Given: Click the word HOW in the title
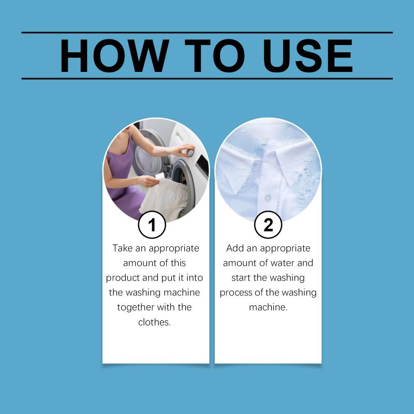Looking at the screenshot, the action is [x=114, y=55].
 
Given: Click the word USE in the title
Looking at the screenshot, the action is [x=307, y=55].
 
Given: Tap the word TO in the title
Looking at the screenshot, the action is [x=214, y=55].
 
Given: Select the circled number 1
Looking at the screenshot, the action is [x=152, y=225].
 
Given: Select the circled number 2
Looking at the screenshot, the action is [x=268, y=225].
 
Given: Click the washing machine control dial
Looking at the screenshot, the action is [x=190, y=152].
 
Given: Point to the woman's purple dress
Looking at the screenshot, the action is [x=122, y=180].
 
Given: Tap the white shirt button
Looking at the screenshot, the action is [x=268, y=198].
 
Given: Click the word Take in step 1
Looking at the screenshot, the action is [x=123, y=248].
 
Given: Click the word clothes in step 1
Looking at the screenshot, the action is [x=154, y=322].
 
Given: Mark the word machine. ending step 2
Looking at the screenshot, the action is [x=268, y=307].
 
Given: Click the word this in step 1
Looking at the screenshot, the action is [x=178, y=263].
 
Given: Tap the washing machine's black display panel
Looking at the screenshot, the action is [x=202, y=165].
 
